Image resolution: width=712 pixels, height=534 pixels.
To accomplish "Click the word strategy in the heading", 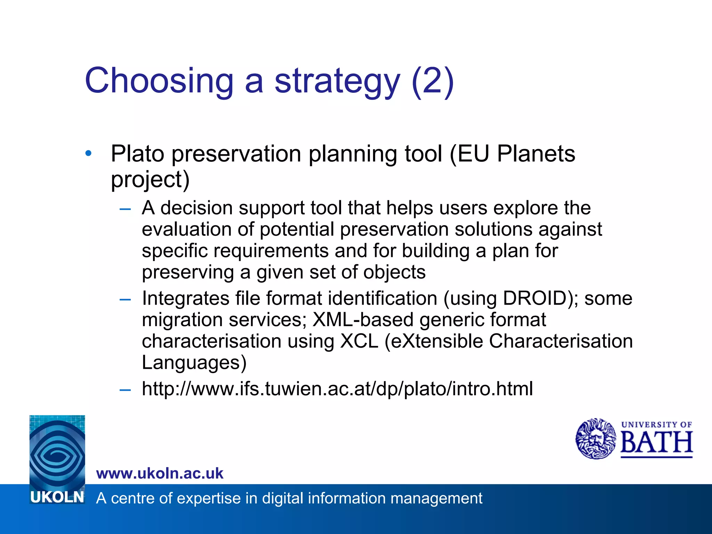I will [337, 82].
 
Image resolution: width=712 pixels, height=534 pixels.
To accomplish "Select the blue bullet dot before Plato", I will [89, 153].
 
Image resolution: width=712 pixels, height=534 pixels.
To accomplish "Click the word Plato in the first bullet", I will [137, 154].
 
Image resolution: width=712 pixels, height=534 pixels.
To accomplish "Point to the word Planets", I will [536, 154].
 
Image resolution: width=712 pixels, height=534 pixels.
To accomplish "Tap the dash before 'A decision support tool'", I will [125, 209].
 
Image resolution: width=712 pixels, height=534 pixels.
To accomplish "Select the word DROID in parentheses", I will [535, 298].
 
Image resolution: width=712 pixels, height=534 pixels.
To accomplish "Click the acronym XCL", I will [359, 341].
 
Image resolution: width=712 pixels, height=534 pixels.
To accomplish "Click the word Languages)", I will [194, 363].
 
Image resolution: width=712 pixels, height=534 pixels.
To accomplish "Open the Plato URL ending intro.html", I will [337, 389].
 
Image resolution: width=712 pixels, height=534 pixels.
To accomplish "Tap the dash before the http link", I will [125, 390].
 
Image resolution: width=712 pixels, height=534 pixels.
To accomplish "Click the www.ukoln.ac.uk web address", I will [160, 474].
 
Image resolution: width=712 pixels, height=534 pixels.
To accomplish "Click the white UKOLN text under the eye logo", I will [57, 497].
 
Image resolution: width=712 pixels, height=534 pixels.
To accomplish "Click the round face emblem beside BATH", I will [596, 439].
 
